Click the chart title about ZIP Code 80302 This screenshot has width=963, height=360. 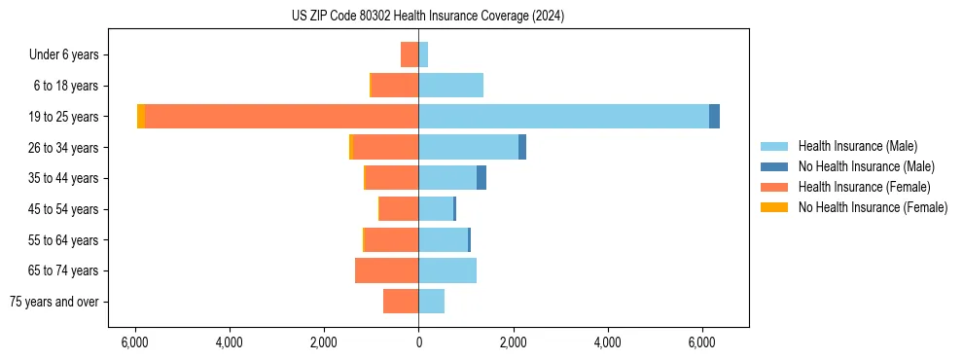pyautogui.click(x=428, y=17)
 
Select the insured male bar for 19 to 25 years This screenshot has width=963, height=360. pyautogui.click(x=563, y=116)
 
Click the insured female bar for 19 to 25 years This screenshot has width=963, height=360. pyautogui.click(x=281, y=116)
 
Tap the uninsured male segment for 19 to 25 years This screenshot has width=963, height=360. pyautogui.click(x=714, y=116)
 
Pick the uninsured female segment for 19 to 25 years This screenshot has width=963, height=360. pyautogui.click(x=141, y=116)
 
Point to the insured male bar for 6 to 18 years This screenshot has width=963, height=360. pyautogui.click(x=450, y=85)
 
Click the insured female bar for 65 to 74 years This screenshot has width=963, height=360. pyautogui.click(x=386, y=270)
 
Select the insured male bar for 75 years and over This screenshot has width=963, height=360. pyautogui.click(x=431, y=302)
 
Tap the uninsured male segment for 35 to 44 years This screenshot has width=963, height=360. pyautogui.click(x=481, y=178)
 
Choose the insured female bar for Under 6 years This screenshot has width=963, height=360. pyautogui.click(x=410, y=54)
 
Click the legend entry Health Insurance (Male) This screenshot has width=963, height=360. pyautogui.click(x=857, y=146)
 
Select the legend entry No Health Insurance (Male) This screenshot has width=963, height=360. pyautogui.click(x=866, y=166)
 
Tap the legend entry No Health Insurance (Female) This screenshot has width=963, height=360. pyautogui.click(x=873, y=207)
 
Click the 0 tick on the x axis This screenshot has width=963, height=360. pyautogui.click(x=418, y=343)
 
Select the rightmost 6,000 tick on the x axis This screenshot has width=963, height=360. pyautogui.click(x=701, y=343)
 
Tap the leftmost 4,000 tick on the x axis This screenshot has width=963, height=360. pyautogui.click(x=230, y=343)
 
